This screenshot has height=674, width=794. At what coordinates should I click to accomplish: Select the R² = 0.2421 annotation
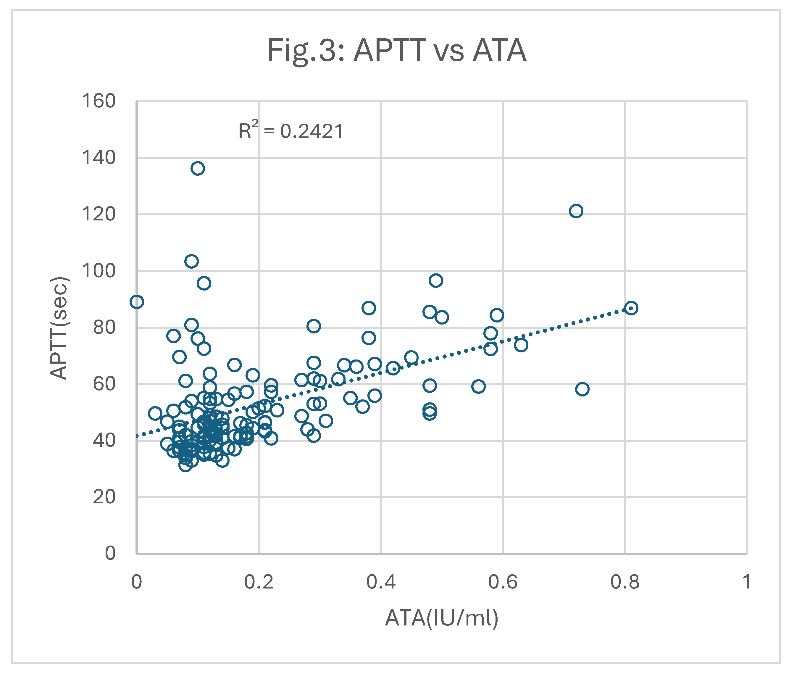click(x=291, y=131)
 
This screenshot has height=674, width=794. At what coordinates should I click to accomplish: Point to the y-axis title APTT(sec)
click(x=59, y=328)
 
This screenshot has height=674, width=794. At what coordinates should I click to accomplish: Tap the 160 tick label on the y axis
click(x=98, y=101)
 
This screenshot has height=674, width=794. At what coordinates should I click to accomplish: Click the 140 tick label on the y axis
click(x=98, y=157)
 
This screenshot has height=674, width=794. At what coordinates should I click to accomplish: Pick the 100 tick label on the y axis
click(x=98, y=271)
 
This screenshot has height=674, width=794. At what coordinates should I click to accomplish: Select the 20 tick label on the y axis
click(x=104, y=497)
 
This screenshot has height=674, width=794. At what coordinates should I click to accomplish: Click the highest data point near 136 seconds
click(x=198, y=168)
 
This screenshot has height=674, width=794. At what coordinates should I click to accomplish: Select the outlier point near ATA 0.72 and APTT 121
click(x=576, y=211)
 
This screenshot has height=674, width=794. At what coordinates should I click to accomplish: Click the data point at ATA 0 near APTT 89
click(x=137, y=302)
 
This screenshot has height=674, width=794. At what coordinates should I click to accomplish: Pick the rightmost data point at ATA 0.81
click(x=631, y=308)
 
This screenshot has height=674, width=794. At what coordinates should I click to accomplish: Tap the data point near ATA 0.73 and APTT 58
click(x=582, y=389)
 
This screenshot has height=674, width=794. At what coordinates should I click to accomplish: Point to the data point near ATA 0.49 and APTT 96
click(x=435, y=280)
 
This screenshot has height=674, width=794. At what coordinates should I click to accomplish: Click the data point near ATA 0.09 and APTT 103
click(x=191, y=261)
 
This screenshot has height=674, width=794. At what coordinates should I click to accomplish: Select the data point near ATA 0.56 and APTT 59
click(x=478, y=386)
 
